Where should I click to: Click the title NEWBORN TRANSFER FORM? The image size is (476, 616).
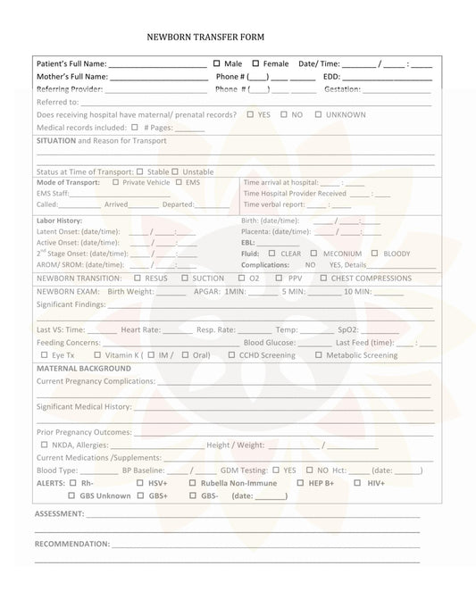(x=205, y=37)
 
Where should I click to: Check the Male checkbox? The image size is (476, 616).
(x=217, y=63)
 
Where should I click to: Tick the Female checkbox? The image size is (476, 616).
(x=255, y=63)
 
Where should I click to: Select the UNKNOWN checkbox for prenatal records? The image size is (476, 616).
(x=319, y=114)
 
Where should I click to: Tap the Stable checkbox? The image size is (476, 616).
(x=139, y=171)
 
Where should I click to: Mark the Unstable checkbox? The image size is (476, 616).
(x=175, y=171)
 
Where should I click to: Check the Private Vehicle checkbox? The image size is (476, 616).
(x=115, y=182)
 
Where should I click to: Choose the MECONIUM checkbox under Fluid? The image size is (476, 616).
(x=313, y=253)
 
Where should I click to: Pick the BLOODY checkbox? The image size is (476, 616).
(x=374, y=253)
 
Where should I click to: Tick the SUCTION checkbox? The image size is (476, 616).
(x=184, y=278)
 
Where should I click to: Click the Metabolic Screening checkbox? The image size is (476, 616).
(x=319, y=355)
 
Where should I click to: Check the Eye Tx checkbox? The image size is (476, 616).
(x=44, y=355)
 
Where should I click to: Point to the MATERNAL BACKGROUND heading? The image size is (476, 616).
(x=84, y=368)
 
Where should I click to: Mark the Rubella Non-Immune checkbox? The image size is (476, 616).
(x=193, y=483)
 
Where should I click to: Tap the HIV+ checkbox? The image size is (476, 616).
(x=357, y=483)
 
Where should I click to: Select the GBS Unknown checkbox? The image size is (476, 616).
(x=71, y=495)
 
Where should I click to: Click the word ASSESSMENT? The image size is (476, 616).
(x=59, y=514)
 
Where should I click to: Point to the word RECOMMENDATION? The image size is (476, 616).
(x=71, y=544)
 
